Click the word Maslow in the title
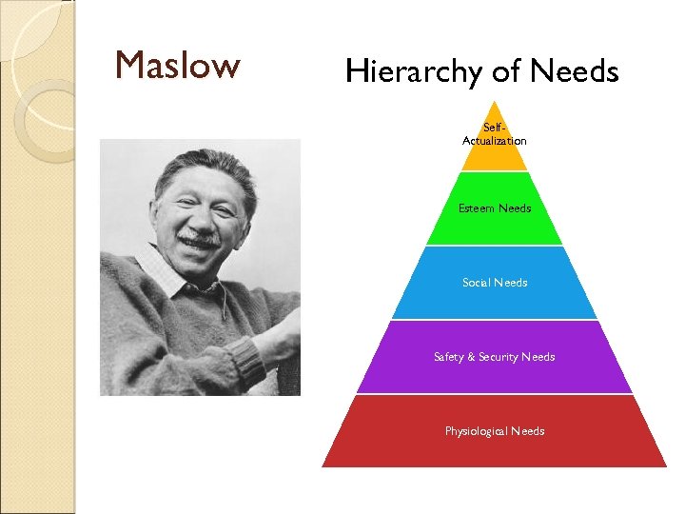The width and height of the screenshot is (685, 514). (x=177, y=66)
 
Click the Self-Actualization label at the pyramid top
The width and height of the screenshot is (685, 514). (x=494, y=134)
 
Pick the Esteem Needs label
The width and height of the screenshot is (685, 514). (x=495, y=208)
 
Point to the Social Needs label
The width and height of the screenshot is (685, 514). (x=495, y=283)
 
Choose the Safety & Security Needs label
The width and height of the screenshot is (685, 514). (x=494, y=357)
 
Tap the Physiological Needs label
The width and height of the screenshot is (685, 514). (x=495, y=431)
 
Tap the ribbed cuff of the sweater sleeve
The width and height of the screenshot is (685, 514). (x=245, y=362)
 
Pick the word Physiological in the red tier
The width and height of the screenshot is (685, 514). (x=476, y=431)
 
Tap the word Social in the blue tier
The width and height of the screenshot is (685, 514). (x=477, y=283)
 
